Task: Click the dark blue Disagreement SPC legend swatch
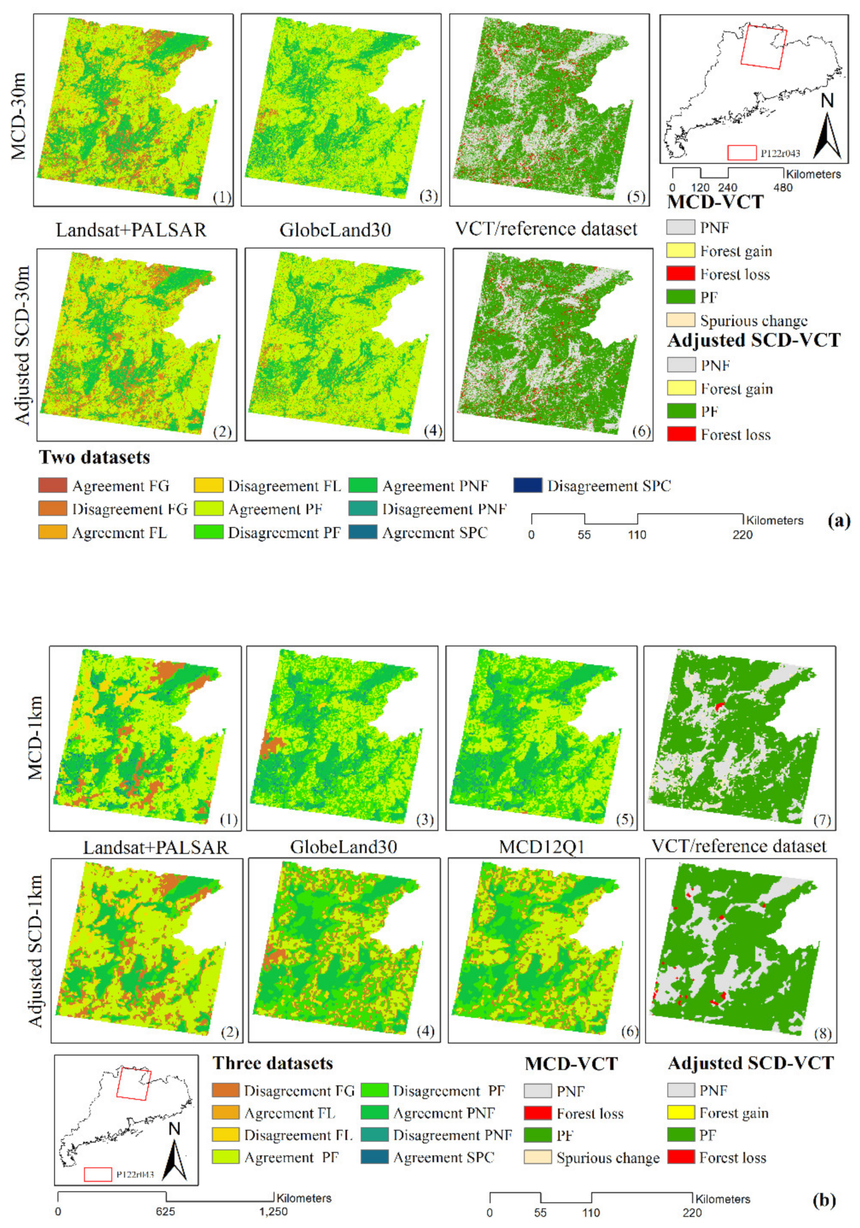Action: click(527, 485)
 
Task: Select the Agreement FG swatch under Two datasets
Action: click(52, 485)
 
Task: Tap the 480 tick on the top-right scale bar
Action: click(783, 188)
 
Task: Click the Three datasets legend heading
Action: click(273, 1063)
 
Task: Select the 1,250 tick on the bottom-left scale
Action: click(273, 1211)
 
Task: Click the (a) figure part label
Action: click(839, 520)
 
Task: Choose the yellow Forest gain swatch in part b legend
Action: click(681, 1113)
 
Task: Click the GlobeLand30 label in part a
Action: click(335, 230)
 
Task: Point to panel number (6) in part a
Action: click(641, 431)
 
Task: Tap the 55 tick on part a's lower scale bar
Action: click(584, 534)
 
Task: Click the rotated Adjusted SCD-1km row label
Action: click(35, 950)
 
